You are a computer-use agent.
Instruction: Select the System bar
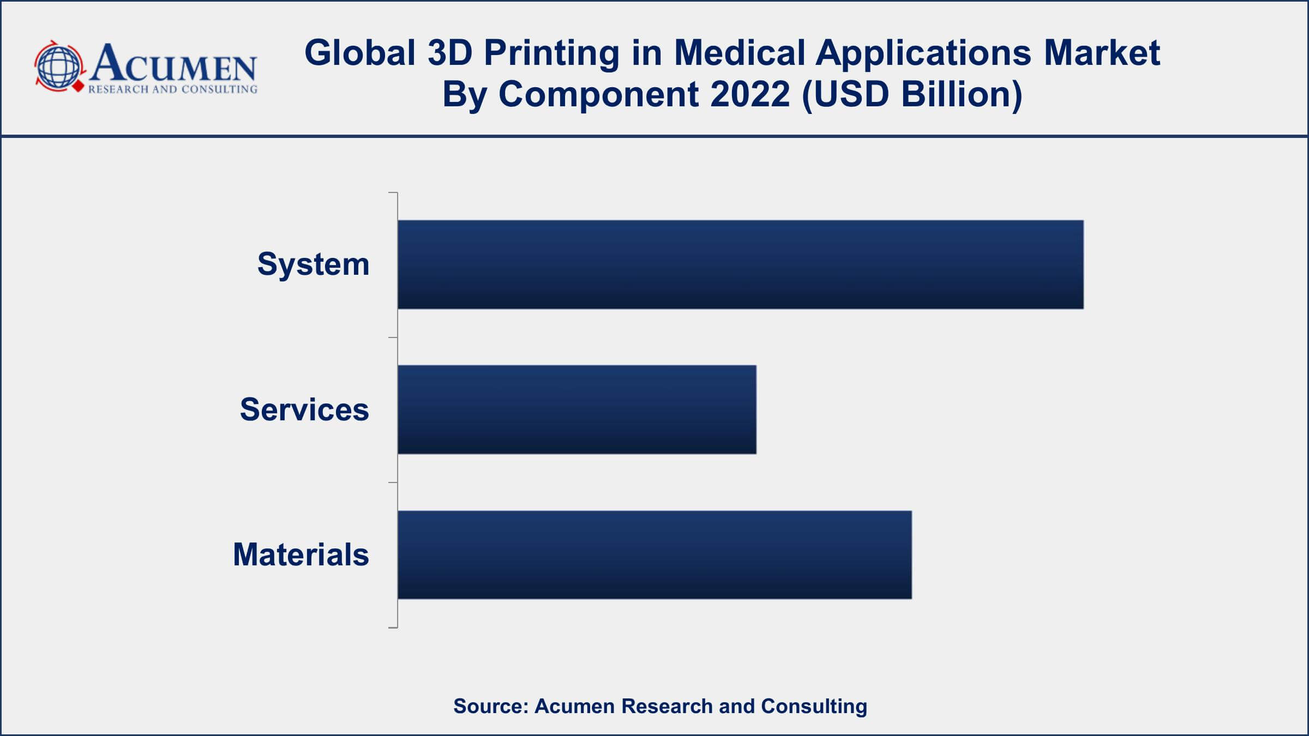(x=740, y=264)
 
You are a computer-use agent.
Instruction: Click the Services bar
(x=577, y=409)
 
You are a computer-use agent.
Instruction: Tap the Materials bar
(x=654, y=554)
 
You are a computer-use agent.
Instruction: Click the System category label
(x=313, y=264)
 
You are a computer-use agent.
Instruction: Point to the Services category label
(x=304, y=409)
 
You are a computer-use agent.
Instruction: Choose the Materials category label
(x=301, y=554)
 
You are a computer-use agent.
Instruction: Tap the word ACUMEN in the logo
(x=173, y=64)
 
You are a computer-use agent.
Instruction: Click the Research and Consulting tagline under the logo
(x=172, y=89)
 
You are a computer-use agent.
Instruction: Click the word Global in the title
(x=360, y=53)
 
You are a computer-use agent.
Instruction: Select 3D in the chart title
(x=449, y=53)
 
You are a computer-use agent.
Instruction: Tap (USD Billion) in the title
(x=912, y=94)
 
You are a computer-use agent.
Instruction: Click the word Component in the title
(x=598, y=94)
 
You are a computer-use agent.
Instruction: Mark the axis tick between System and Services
(x=393, y=337)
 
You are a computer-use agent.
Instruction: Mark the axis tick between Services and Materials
(x=393, y=482)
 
